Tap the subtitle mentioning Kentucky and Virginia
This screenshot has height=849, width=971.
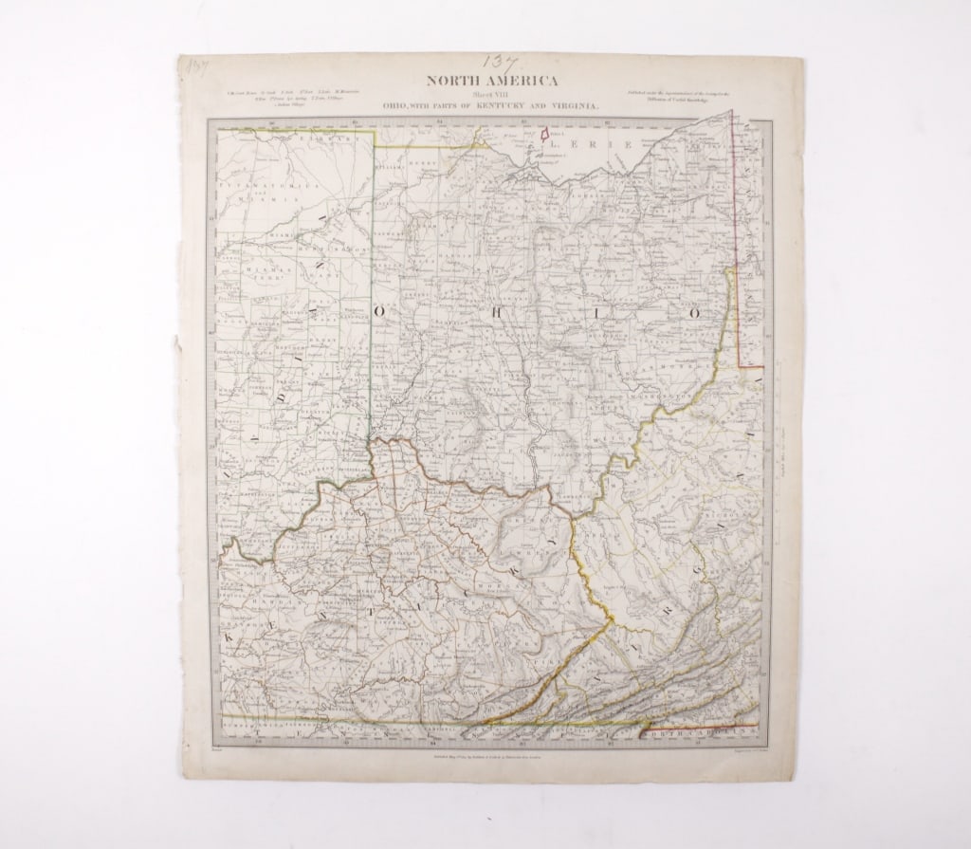(490, 107)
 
